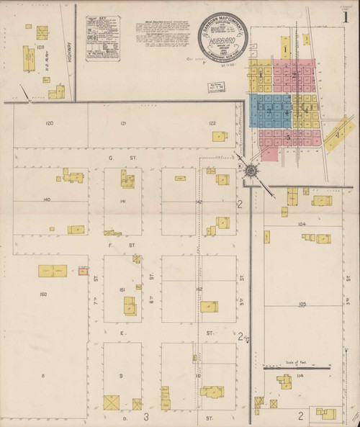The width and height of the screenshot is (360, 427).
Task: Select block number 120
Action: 49,124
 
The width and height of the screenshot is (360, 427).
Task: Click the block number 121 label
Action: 123,124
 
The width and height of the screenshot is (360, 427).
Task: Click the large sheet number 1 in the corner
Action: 346,17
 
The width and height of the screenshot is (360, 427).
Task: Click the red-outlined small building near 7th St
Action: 84,271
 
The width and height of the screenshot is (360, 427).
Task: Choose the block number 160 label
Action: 42,295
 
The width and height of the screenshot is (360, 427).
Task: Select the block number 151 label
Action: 123,290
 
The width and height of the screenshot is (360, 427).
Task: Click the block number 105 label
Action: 302,305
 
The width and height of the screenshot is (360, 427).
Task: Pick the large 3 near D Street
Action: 145,416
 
